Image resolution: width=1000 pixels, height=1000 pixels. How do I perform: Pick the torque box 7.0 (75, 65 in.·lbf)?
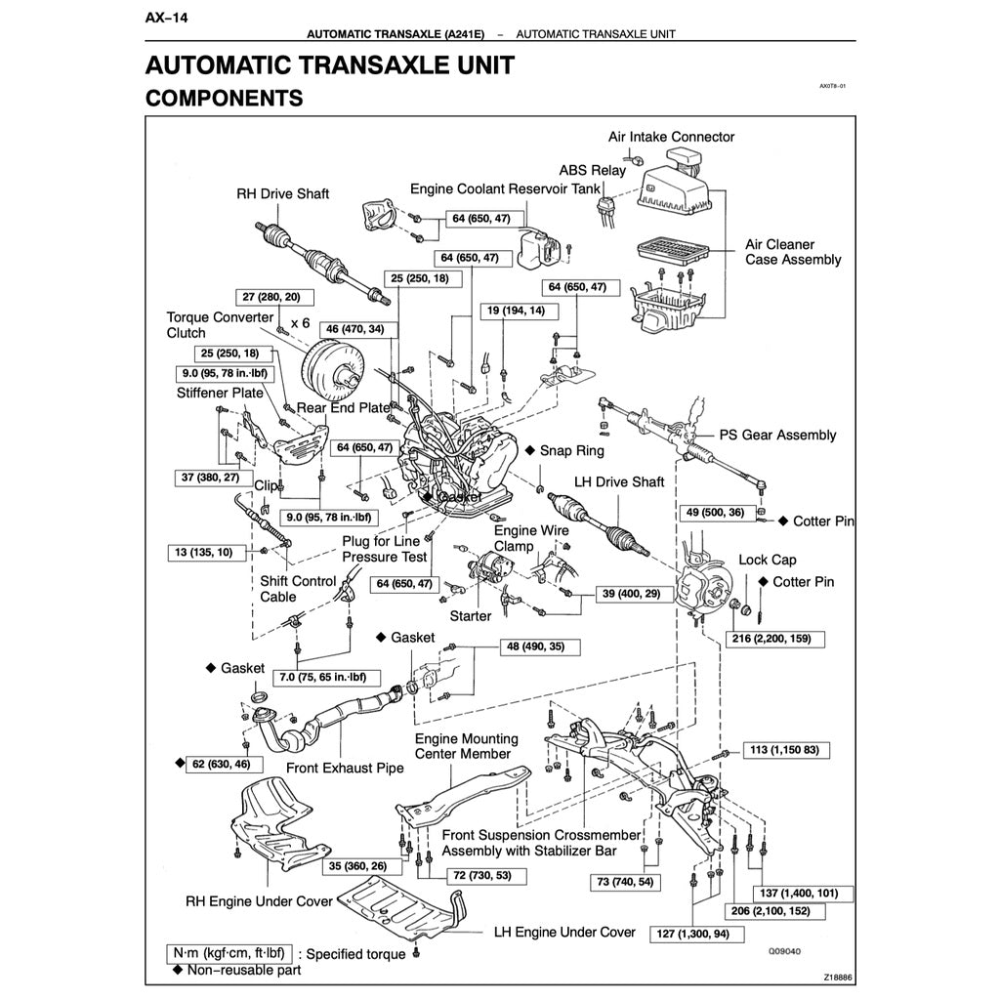(322, 676)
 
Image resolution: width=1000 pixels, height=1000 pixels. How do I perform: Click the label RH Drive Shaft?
(282, 193)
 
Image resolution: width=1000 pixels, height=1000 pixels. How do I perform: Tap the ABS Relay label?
(593, 170)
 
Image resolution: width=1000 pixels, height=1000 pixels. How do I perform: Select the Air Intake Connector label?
(671, 137)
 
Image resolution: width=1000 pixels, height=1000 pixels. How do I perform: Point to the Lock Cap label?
(767, 560)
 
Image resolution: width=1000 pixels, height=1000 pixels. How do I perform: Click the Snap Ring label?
(572, 450)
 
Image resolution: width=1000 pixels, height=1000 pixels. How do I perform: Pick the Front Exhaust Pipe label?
(345, 768)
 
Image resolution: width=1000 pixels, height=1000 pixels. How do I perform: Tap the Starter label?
(471, 616)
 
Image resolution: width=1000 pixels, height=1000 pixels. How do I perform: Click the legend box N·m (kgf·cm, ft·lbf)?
(229, 953)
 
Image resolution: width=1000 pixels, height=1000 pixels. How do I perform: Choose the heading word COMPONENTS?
(224, 98)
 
